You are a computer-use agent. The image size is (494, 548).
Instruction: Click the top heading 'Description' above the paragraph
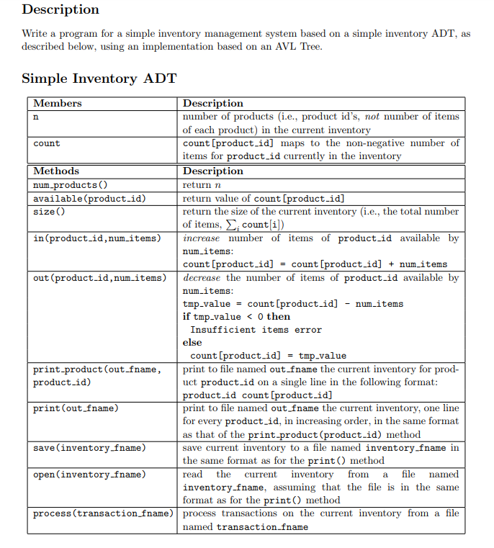[x=60, y=10]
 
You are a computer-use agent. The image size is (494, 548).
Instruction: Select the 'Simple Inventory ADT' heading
[x=99, y=78]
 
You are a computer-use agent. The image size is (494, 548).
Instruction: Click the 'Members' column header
[x=58, y=104]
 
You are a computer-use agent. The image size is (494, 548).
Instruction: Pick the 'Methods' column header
[x=56, y=171]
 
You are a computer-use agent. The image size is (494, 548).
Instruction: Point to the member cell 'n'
[x=36, y=117]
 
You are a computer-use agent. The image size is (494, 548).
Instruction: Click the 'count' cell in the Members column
[x=47, y=143]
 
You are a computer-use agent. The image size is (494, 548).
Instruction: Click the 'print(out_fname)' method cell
[x=76, y=409]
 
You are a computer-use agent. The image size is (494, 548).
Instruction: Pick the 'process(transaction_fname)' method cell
[x=103, y=513]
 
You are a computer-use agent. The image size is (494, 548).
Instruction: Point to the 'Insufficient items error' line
[x=256, y=330]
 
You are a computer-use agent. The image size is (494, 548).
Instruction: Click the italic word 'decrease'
[x=202, y=278]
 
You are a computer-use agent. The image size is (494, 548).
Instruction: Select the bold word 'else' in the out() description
[x=192, y=343]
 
